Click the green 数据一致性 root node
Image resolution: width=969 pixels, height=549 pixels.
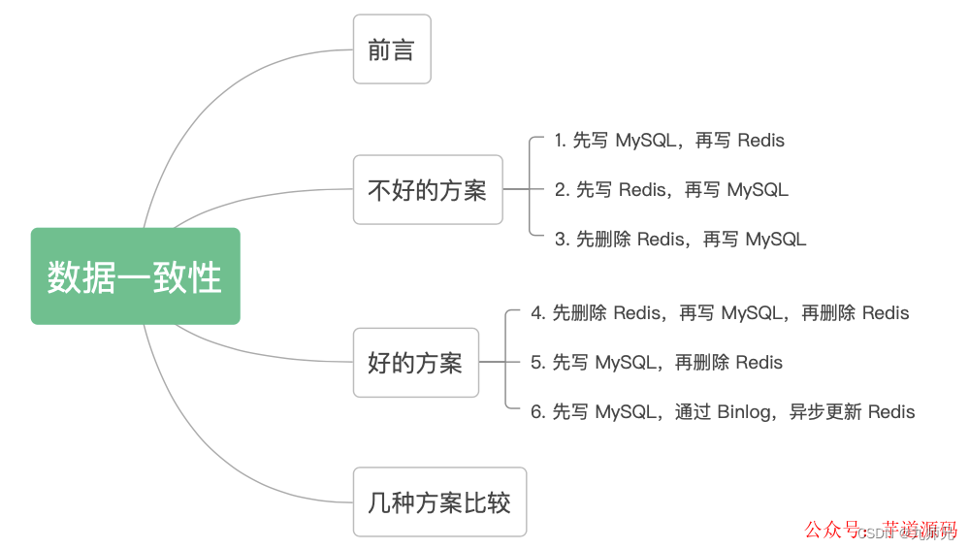pyautogui.click(x=135, y=276)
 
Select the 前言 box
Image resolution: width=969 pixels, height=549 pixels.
pyautogui.click(x=391, y=49)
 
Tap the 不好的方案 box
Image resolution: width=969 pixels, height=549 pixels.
pyautogui.click(x=427, y=190)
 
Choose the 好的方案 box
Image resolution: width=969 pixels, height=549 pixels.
pyautogui.click(x=415, y=363)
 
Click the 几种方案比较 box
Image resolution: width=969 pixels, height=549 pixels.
pyautogui.click(x=438, y=502)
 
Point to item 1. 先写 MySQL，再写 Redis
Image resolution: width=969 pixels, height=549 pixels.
pyautogui.click(x=669, y=141)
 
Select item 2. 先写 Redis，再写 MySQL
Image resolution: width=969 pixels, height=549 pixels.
pyautogui.click(x=671, y=190)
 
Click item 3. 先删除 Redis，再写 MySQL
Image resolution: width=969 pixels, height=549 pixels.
pyautogui.click(x=680, y=239)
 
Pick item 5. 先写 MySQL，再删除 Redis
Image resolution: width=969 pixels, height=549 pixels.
pyautogui.click(x=657, y=363)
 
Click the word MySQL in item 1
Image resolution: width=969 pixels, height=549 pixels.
pyautogui.click(x=645, y=141)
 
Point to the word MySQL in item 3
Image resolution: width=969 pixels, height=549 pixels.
pyautogui.click(x=776, y=239)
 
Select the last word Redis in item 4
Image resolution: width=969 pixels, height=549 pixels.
pyautogui.click(x=886, y=313)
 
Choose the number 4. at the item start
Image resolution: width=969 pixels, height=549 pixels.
pyautogui.click(x=538, y=313)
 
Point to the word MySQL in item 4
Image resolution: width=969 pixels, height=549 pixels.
pyautogui.click(x=752, y=313)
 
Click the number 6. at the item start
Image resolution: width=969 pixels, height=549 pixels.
pyautogui.click(x=538, y=412)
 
